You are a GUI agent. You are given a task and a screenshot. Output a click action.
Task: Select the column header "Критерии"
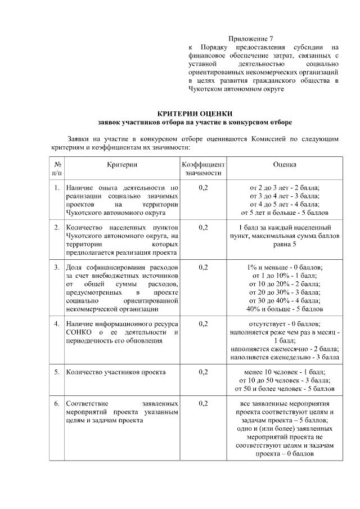122,164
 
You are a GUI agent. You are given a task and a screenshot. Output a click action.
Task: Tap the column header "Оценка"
285,164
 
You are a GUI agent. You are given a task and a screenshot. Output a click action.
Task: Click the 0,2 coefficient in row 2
203,227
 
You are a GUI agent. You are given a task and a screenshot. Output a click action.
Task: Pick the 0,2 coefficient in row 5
203,372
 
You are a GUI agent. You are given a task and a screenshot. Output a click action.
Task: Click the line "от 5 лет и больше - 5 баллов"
285,213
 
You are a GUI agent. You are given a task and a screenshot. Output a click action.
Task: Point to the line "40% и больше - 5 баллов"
285,309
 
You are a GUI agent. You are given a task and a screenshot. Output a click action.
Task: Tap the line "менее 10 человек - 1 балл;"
285,372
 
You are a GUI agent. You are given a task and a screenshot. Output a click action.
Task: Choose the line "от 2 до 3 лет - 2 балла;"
285,187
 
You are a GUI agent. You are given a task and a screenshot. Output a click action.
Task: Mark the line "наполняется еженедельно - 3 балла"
285,357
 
